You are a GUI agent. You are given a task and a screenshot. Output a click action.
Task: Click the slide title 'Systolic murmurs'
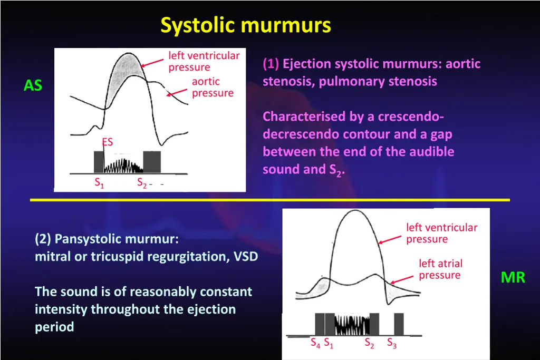tap(246, 25)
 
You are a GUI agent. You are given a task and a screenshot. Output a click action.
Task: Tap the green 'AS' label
tap(33, 85)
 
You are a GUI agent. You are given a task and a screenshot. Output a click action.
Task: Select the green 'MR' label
tap(513, 277)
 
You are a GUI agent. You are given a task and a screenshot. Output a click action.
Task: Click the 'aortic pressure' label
tap(212, 87)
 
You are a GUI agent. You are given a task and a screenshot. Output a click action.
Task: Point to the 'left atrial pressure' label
tap(440, 269)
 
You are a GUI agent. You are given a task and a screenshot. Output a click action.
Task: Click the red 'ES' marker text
tap(108, 142)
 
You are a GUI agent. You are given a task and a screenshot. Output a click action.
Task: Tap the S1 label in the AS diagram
tap(99, 183)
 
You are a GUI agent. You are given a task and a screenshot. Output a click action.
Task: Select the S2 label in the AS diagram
tap(142, 183)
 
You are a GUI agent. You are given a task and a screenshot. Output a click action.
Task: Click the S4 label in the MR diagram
tap(315, 344)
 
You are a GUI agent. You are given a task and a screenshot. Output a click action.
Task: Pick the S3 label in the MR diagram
tap(392, 344)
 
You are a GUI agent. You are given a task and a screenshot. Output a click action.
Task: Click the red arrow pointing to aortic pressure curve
tap(177, 91)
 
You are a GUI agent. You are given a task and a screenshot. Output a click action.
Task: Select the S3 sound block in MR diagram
tap(399, 324)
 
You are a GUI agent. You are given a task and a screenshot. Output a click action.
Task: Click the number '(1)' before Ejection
tap(271, 64)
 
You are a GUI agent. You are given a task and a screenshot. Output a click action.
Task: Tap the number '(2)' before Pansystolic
tap(43, 239)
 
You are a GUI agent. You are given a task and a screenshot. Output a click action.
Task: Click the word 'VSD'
tap(246, 257)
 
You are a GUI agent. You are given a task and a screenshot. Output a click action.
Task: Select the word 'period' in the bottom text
tap(54, 327)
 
